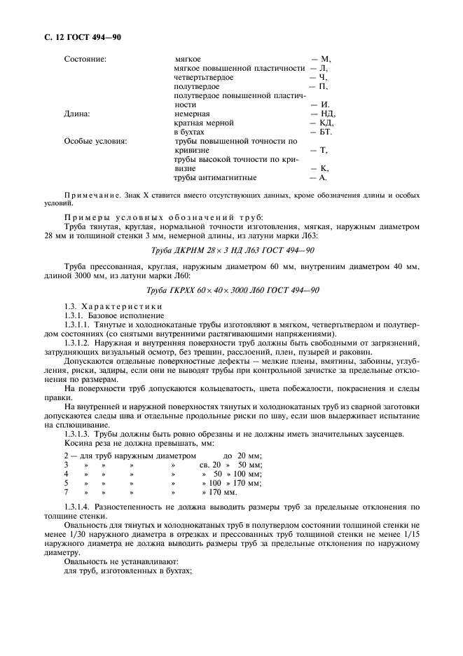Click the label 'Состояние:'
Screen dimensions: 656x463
(85, 59)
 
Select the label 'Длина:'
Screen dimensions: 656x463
(76, 114)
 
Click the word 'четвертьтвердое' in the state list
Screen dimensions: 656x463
(204, 77)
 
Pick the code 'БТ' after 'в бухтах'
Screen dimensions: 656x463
(326, 132)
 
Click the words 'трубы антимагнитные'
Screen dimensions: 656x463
(214, 177)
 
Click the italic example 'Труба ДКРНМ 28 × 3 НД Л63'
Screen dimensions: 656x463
(213, 250)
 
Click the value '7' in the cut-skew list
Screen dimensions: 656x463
(65, 492)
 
